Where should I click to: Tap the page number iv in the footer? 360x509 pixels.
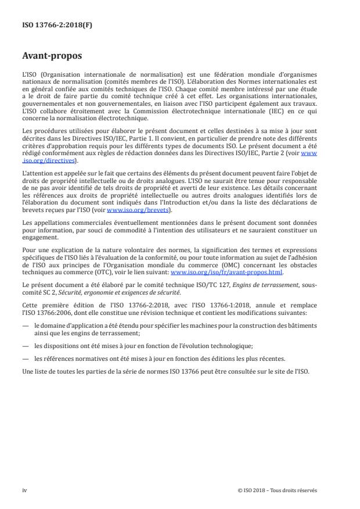tap(24, 490)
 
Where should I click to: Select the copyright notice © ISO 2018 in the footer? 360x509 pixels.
tap(278, 490)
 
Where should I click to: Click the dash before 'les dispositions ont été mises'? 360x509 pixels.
tap(26, 345)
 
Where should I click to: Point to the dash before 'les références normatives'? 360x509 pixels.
tap(26, 358)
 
